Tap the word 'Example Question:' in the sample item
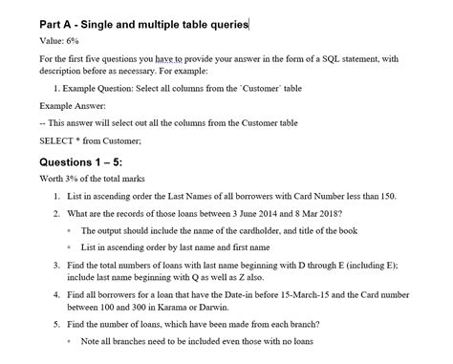click(107, 88)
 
